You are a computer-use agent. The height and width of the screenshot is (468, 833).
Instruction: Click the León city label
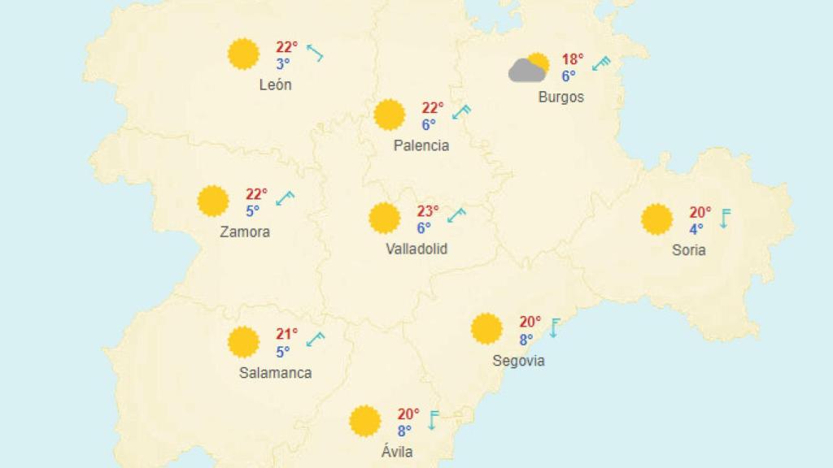click(275, 84)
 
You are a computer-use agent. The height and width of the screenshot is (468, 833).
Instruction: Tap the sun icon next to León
click(243, 54)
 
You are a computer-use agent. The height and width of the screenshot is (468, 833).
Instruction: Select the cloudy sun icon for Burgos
click(529, 67)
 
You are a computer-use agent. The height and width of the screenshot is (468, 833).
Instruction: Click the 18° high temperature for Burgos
click(572, 59)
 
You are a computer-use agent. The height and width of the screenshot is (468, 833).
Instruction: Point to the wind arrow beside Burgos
click(601, 63)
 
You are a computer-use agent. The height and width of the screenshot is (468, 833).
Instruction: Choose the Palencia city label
click(421, 145)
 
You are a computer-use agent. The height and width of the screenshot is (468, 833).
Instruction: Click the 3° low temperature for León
click(282, 64)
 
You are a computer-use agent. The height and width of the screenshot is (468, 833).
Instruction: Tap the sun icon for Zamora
click(213, 201)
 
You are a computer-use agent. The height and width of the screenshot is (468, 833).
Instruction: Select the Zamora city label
click(245, 232)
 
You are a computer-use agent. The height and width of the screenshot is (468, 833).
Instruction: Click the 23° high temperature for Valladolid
click(428, 211)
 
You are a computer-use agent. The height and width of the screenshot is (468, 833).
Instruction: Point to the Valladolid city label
click(416, 249)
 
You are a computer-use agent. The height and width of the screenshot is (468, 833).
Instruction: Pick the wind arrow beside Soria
click(724, 218)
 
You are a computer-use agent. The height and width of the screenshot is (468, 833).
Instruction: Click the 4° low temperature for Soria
click(696, 229)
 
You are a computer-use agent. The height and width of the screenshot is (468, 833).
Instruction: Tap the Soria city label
click(688, 249)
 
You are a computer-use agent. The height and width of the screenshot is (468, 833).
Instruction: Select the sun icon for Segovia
click(486, 328)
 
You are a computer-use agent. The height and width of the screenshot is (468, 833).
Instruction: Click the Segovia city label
click(518, 360)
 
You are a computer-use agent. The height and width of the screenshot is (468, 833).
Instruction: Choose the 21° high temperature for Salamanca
click(287, 334)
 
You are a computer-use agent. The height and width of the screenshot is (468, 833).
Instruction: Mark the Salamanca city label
click(275, 373)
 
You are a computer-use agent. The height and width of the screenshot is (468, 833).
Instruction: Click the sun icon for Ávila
click(364, 421)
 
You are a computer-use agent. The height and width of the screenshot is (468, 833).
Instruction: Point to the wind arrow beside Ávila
click(433, 419)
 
